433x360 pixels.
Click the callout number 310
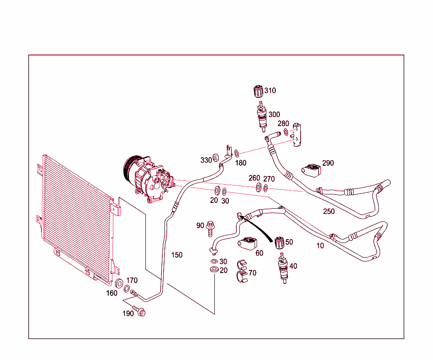tap(270, 90)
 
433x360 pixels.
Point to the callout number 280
tap(283, 123)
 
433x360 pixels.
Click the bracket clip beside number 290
tap(312, 170)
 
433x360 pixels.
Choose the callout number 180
tap(241, 163)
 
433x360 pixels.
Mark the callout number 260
tap(254, 178)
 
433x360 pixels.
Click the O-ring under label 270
tap(266, 187)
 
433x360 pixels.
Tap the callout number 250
tap(329, 211)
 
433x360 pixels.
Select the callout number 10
tap(320, 245)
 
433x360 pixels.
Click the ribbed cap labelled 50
tap(279, 243)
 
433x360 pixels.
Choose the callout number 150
tap(177, 255)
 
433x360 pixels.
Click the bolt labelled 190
tap(140, 312)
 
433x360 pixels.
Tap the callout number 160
tap(112, 293)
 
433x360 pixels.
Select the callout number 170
tap(132, 280)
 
